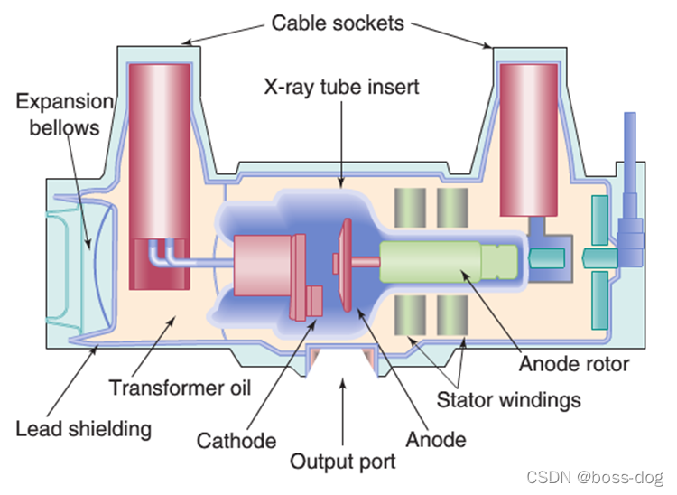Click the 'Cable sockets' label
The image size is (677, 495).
(338, 22)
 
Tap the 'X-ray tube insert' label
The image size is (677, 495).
(341, 89)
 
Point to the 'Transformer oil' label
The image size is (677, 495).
(180, 388)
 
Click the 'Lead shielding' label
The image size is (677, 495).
(83, 427)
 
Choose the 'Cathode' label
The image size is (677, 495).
(236, 441)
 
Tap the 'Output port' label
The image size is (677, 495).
(342, 462)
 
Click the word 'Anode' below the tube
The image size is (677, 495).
(436, 440)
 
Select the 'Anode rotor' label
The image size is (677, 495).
(574, 365)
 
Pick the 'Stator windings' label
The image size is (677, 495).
(508, 398)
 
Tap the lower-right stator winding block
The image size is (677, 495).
(452, 315)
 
